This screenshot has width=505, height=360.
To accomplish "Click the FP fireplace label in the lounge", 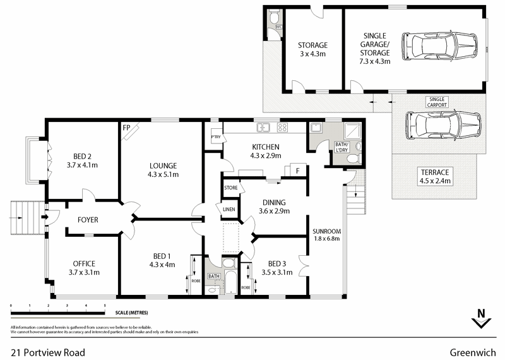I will [126, 127].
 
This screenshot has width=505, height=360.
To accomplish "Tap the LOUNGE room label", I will [163, 165].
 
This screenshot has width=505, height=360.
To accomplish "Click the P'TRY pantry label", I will [216, 137].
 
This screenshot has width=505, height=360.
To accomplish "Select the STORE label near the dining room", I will [230, 188].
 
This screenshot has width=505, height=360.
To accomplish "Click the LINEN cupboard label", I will [227, 209].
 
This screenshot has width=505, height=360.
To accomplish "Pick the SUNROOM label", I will [327, 231].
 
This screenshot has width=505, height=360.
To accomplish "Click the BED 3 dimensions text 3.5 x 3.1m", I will [276, 273].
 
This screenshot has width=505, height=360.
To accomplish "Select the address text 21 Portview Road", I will [48, 352].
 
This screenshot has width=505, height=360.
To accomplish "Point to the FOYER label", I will [88, 219].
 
